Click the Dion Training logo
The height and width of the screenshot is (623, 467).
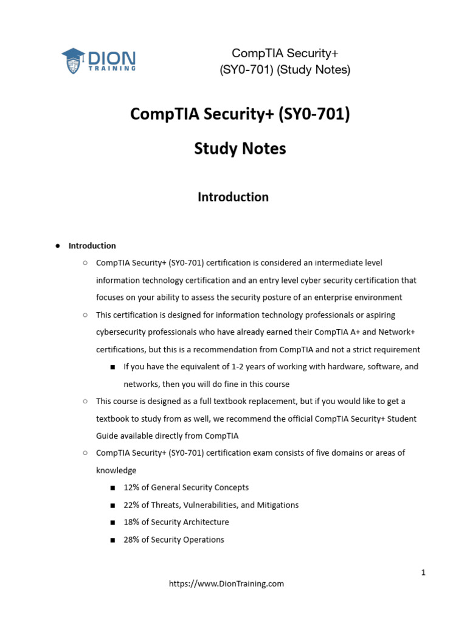click(x=99, y=60)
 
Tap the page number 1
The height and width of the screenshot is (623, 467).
click(x=423, y=573)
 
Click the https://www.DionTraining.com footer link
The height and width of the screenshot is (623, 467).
click(x=226, y=583)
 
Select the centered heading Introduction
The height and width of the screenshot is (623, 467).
click(x=233, y=197)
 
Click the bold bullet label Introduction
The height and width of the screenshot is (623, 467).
click(x=92, y=246)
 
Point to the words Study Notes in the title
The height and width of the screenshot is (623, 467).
click(x=240, y=148)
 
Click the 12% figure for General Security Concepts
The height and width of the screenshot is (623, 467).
click(x=131, y=487)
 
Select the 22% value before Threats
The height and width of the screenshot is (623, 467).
click(x=131, y=505)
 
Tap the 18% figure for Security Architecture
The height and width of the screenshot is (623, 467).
click(x=131, y=522)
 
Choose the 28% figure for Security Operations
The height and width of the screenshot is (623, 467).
click(x=131, y=540)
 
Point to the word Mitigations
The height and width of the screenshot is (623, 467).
click(x=277, y=505)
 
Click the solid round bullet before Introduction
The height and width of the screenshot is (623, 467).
click(x=58, y=246)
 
